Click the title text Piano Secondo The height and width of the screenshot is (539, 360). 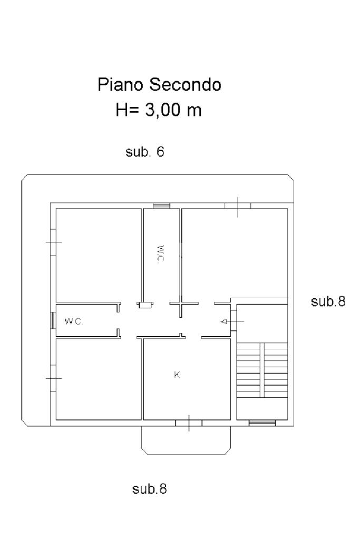[x=159, y=84]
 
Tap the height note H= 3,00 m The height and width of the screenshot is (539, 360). [x=159, y=110]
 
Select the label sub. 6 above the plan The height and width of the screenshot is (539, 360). [x=145, y=152]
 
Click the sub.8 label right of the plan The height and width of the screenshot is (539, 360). [x=328, y=301]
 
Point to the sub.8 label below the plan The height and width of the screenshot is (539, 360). [x=150, y=488]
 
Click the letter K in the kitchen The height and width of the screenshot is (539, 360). [x=177, y=375]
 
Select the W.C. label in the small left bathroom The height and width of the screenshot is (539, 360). [x=74, y=321]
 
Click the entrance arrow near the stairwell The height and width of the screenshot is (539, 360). [x=232, y=321]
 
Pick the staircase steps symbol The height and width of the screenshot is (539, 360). [x=262, y=370]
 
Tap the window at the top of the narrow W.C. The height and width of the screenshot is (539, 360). [x=162, y=205]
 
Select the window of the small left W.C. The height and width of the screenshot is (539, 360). [x=53, y=320]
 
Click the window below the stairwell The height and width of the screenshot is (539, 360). [x=262, y=423]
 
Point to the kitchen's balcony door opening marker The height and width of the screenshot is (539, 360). [x=189, y=423]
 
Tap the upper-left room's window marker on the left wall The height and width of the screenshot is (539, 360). [x=54, y=242]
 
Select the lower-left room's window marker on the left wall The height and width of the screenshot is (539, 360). [x=54, y=378]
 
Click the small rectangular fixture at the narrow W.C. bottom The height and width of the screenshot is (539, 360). [x=145, y=305]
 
